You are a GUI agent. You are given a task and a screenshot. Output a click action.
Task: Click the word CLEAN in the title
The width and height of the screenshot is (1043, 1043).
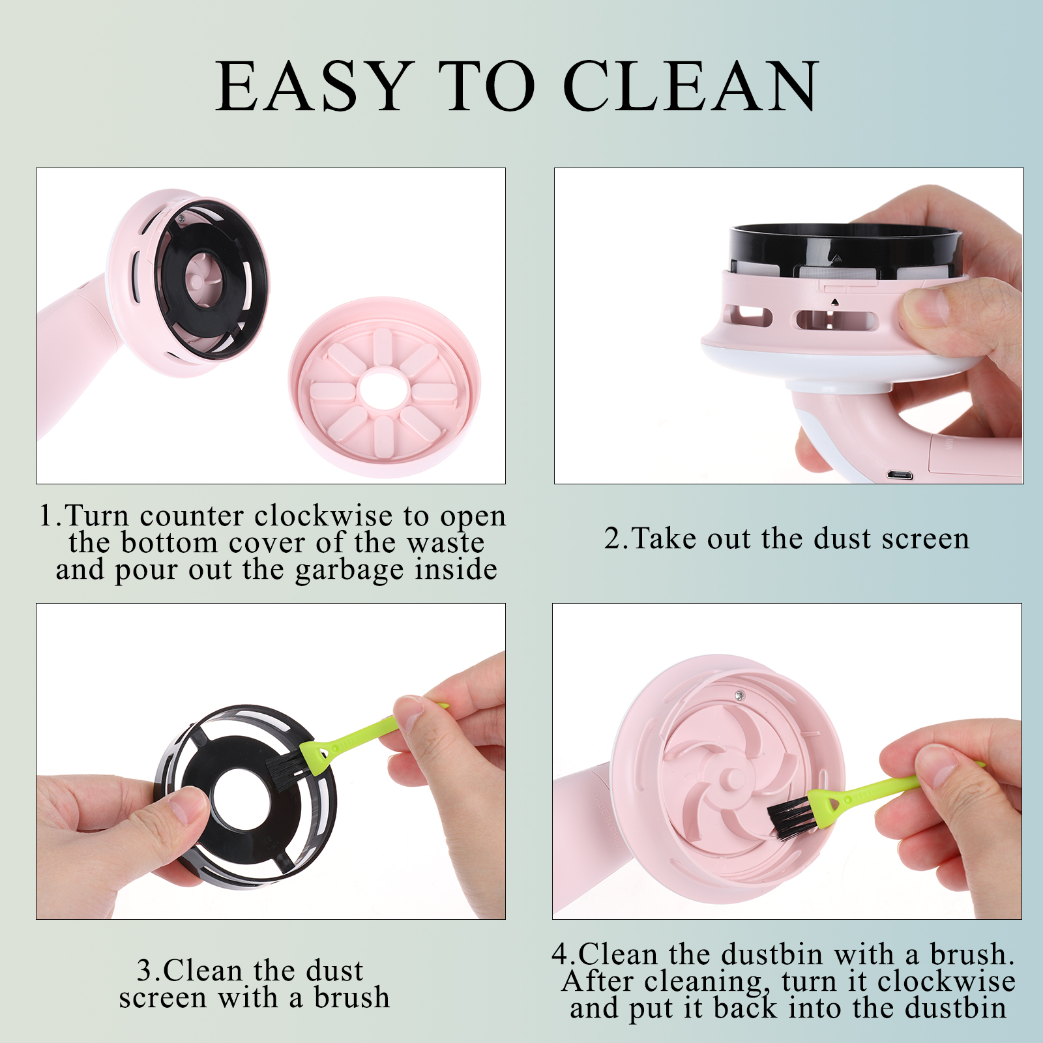point(691,86)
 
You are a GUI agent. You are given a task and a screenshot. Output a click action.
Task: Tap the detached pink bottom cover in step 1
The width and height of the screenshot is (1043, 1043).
point(385,388)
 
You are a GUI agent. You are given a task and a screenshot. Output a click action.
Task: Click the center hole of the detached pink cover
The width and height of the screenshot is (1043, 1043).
point(385,390)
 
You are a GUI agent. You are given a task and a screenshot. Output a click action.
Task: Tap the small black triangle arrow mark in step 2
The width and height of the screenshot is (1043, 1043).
point(834,302)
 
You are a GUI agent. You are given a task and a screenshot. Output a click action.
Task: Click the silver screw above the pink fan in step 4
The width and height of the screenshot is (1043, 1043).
point(739,696)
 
